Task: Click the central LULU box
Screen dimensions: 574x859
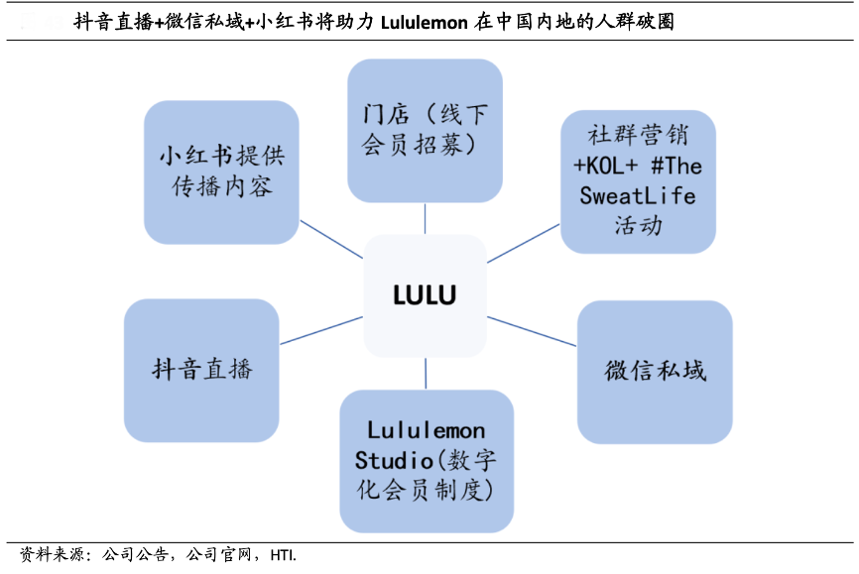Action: (425, 295)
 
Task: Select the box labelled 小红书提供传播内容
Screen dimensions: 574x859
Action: (221, 172)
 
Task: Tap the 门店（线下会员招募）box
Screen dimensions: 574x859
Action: (425, 130)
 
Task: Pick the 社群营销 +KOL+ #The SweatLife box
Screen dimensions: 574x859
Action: (638, 179)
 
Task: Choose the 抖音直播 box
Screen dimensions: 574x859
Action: (201, 370)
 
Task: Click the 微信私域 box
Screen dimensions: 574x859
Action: (655, 371)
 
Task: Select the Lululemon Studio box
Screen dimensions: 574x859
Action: (427, 460)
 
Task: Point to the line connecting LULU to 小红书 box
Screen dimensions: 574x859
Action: (331, 239)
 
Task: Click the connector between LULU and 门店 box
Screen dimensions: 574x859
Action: (425, 218)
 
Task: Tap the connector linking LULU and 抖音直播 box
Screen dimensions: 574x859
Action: (321, 331)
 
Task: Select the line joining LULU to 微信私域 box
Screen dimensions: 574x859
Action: (532, 331)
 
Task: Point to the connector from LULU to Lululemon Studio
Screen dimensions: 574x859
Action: (426, 373)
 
